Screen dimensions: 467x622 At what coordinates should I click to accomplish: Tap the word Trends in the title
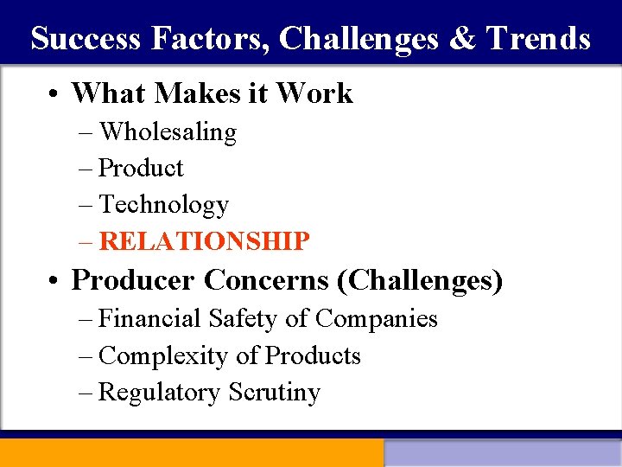(x=538, y=39)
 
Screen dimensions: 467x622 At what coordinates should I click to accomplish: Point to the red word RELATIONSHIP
(x=204, y=241)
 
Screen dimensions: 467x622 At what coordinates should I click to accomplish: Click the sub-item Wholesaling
(x=168, y=132)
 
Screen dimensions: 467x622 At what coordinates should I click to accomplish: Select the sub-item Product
(x=142, y=169)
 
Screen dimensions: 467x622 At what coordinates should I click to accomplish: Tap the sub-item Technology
(x=164, y=205)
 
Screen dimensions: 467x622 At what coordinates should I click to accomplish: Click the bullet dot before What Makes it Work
(x=54, y=94)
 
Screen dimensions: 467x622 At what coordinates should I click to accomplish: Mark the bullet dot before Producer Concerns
(x=54, y=281)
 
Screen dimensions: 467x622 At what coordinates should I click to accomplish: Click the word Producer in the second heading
(x=134, y=280)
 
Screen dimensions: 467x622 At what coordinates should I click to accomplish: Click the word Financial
(x=151, y=319)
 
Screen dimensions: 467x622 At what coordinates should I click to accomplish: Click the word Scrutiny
(x=275, y=393)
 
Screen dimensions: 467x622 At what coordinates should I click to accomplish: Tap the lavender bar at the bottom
(x=503, y=453)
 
